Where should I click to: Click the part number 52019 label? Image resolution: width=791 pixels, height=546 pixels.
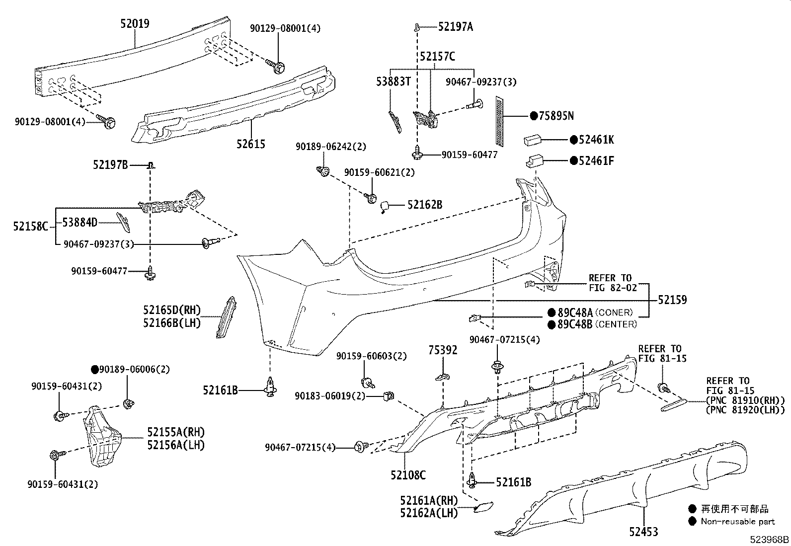tap(135, 23)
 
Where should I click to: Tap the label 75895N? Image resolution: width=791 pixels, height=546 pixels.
tap(556, 116)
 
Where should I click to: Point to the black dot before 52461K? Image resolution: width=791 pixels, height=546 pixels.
tap(573, 140)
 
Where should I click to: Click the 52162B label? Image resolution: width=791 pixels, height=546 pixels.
tap(424, 204)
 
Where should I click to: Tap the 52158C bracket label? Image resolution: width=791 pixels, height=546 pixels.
tap(30, 227)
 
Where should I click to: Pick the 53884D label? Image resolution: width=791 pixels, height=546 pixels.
tap(79, 223)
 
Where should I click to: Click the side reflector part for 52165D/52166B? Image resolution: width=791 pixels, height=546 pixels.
tap(226, 316)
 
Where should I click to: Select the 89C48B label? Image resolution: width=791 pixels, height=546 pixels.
tap(575, 324)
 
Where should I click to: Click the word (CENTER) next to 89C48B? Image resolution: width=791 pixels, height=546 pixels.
tap(616, 324)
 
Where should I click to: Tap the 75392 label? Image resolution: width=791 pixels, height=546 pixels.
tap(443, 350)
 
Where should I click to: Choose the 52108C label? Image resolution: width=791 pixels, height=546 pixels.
tap(408, 475)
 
